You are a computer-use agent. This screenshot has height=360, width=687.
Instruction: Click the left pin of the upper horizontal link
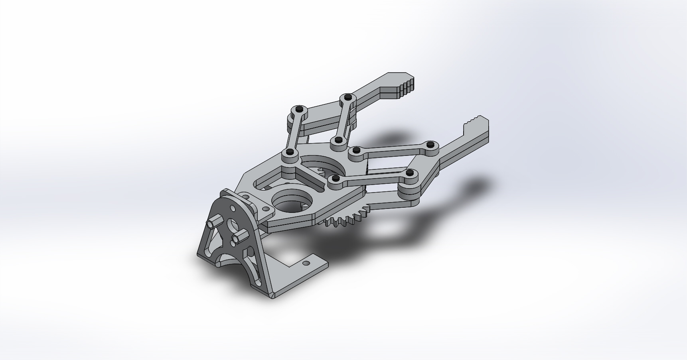pyautogui.click(x=356, y=150)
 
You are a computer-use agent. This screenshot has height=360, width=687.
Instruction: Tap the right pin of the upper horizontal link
pyautogui.click(x=430, y=144)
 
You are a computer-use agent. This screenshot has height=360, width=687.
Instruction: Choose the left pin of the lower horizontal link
pyautogui.click(x=336, y=178)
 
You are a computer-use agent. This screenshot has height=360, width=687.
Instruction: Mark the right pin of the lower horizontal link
pyautogui.click(x=409, y=173)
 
